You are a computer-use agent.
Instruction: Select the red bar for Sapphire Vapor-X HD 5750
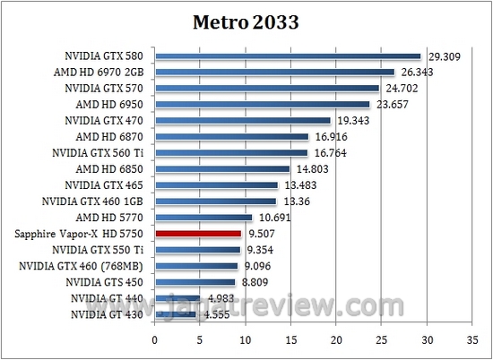point(198,233)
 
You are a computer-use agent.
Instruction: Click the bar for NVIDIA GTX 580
point(288,56)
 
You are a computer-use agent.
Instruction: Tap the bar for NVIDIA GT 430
point(176,314)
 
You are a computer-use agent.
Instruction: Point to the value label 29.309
point(444,56)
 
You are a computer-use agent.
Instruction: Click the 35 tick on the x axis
point(472,339)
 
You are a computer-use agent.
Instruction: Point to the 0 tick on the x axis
point(155,339)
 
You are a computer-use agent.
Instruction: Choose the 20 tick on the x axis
point(336,339)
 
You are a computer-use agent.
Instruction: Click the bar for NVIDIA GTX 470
point(243,120)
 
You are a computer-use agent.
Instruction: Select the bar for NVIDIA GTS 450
point(195,282)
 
